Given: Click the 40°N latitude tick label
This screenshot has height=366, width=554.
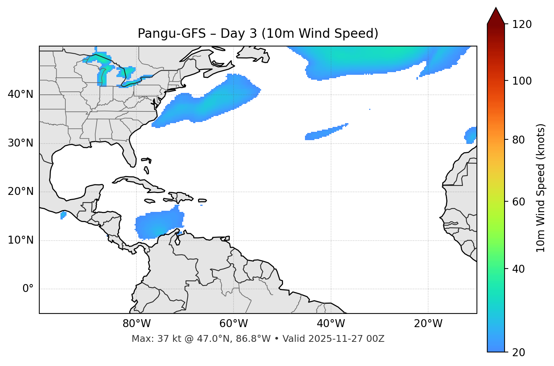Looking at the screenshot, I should point(20,94).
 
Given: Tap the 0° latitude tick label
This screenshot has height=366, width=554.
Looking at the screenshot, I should point(28,289).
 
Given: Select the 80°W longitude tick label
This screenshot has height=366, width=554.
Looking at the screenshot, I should point(136,324).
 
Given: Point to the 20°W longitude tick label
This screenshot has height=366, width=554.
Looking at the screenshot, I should point(428,324).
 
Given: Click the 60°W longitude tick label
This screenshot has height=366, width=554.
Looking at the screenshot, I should point(234,324).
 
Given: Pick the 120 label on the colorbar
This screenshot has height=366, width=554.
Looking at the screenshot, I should point(522,25).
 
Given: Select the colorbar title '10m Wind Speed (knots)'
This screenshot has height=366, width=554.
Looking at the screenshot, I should point(541,188).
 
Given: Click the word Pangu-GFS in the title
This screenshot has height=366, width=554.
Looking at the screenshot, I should point(172,34).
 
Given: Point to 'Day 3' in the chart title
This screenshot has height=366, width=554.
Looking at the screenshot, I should point(238,34).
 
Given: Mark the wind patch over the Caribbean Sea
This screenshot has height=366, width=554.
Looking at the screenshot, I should point(159,225).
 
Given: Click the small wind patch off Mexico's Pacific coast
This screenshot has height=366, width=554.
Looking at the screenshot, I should point(63,215).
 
